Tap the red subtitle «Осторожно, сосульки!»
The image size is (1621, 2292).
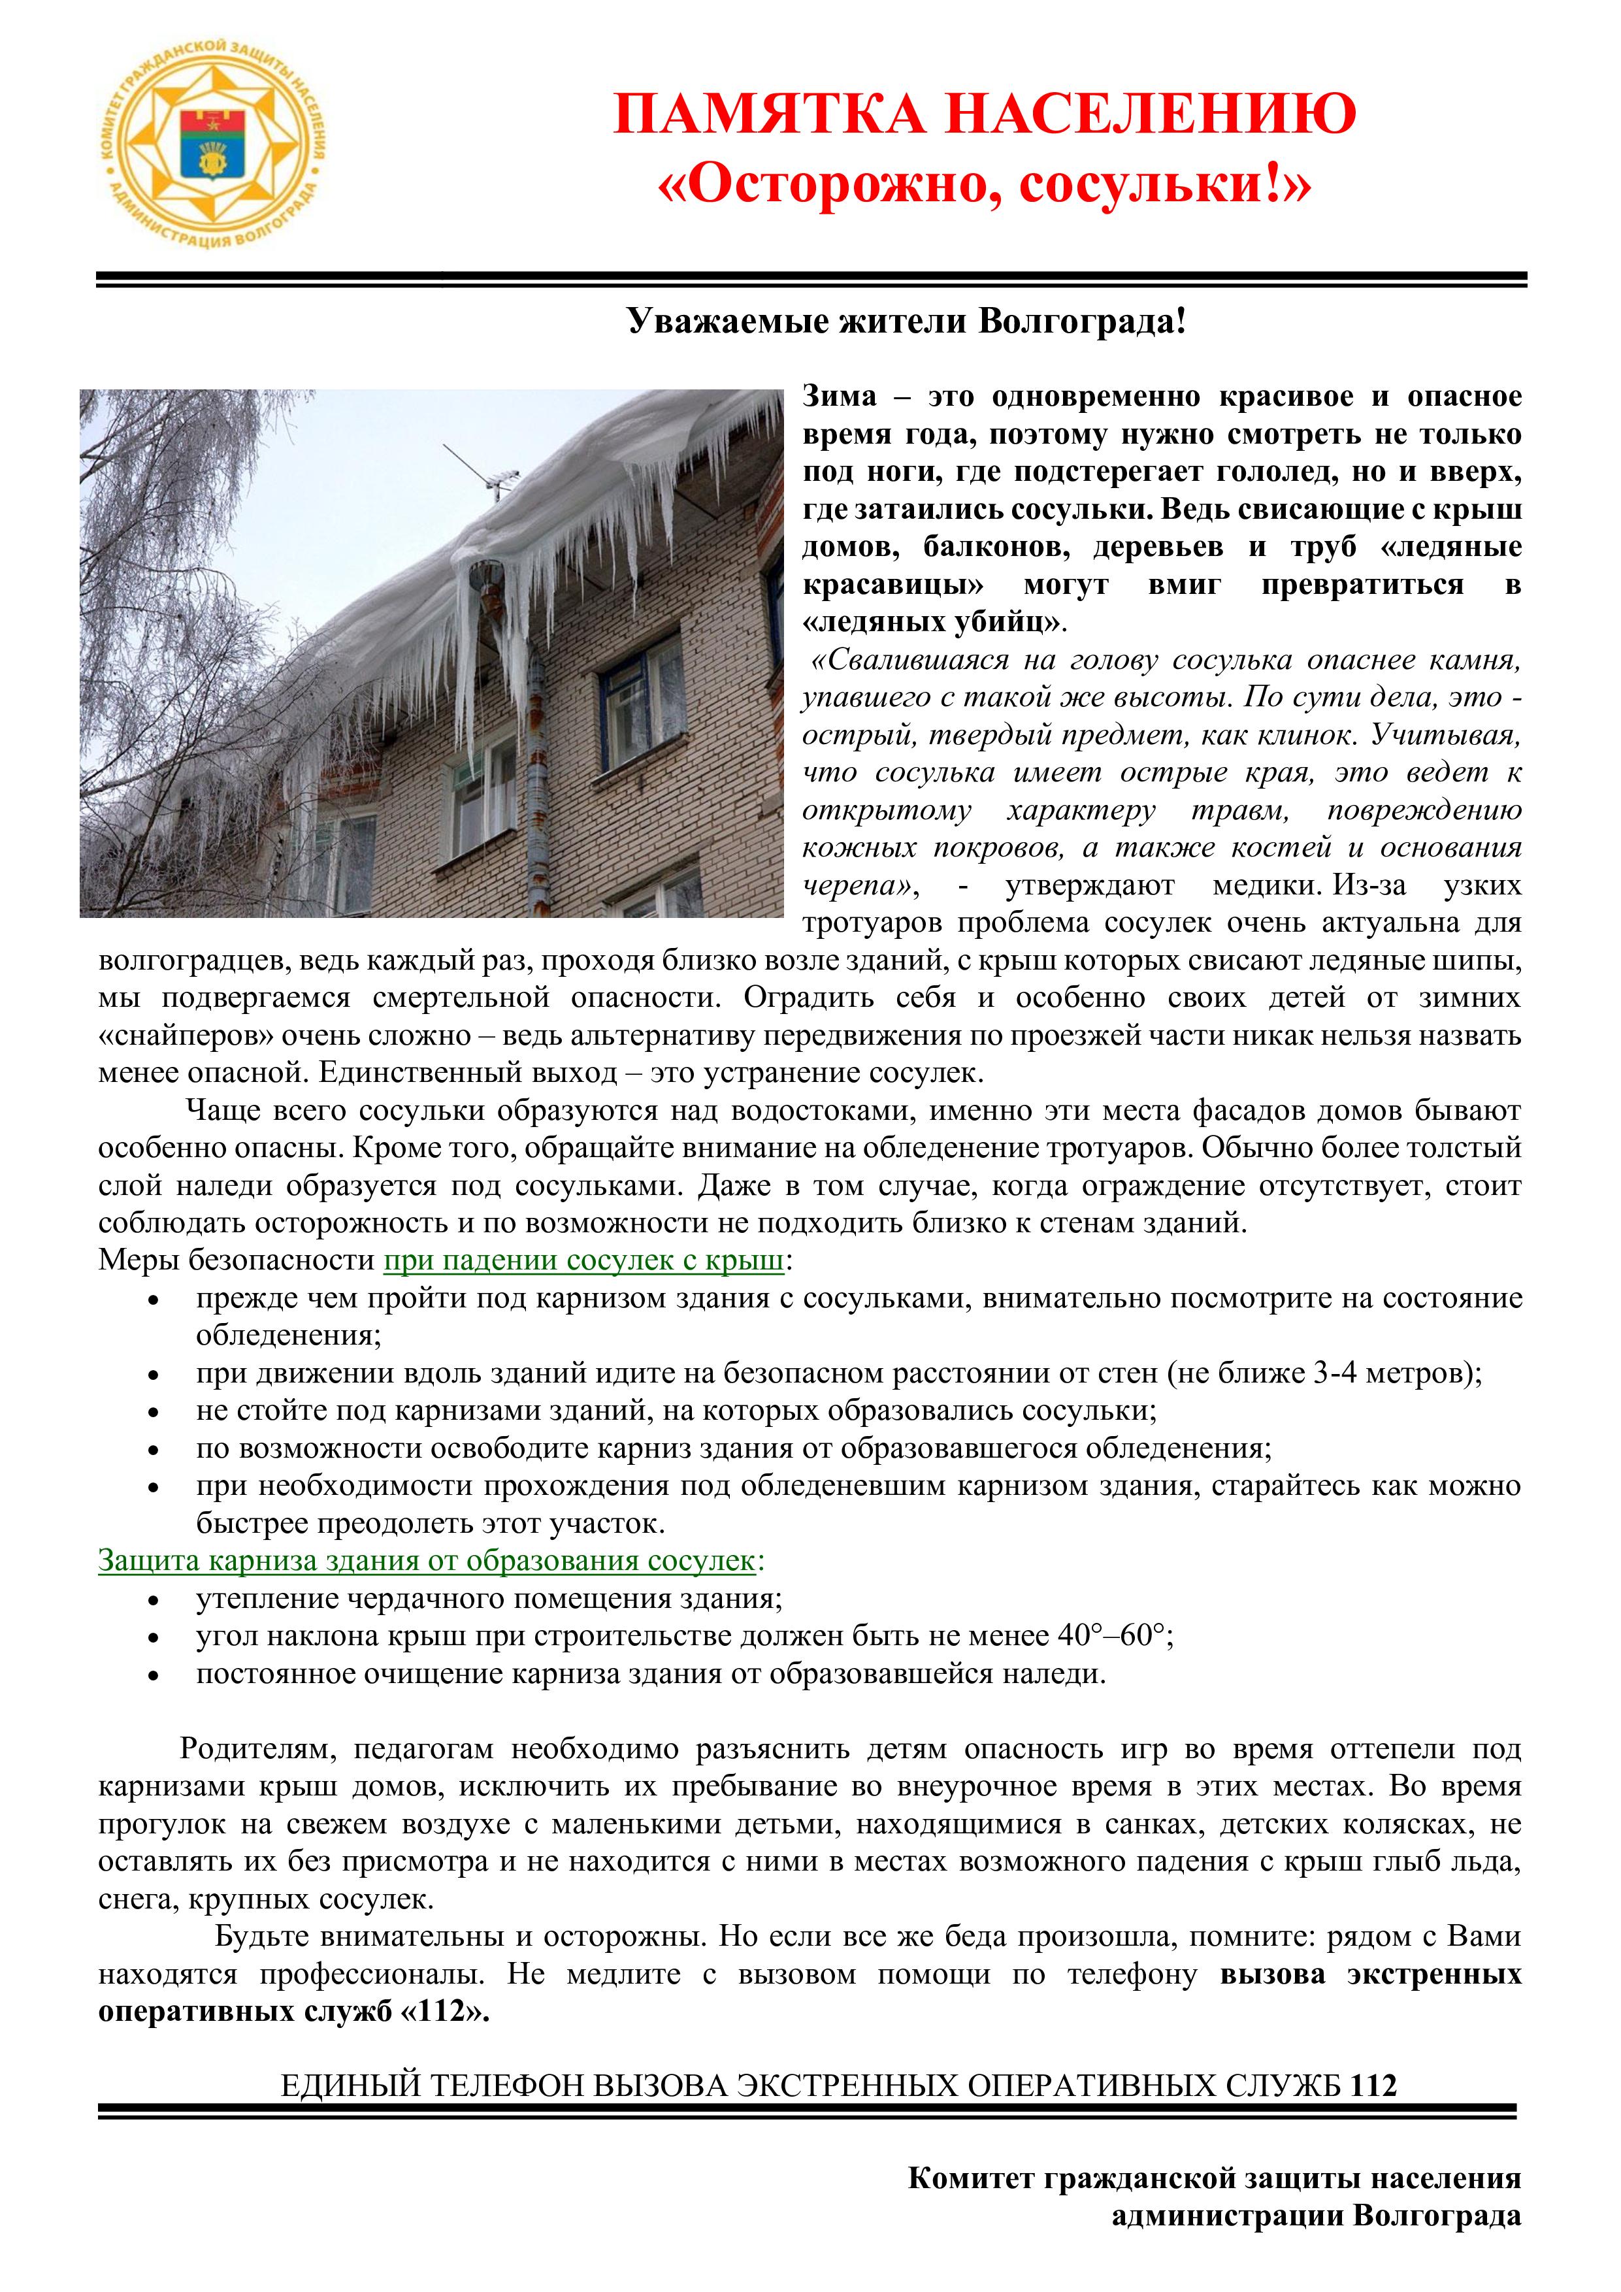coord(984,186)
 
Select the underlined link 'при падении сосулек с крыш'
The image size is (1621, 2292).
coord(584,1261)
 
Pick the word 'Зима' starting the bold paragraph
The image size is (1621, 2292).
coord(840,397)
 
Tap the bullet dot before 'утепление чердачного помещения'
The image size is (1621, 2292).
coord(153,1600)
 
